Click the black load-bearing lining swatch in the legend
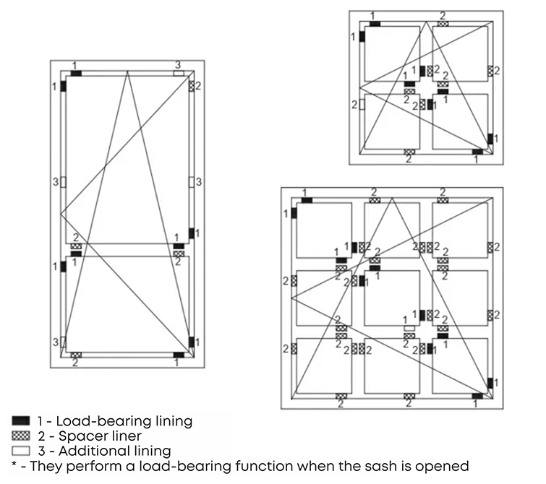[x=20, y=420]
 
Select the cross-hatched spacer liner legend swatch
[x=20, y=436]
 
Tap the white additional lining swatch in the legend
[x=20, y=451]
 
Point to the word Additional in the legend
[x=86, y=451]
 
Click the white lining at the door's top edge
[x=178, y=73]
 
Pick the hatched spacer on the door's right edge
[x=192, y=86]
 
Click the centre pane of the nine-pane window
[x=392, y=298]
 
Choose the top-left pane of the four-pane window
[x=391, y=53]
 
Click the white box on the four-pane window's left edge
[x=362, y=105]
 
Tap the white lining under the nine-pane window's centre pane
[x=409, y=327]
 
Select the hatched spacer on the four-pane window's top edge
[x=443, y=23]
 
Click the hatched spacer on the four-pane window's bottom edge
[x=409, y=152]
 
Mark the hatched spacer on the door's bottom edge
[x=75, y=355]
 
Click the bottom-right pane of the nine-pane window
[x=460, y=365]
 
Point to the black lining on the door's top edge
[x=76, y=73]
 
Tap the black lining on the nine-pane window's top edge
[x=307, y=199]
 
